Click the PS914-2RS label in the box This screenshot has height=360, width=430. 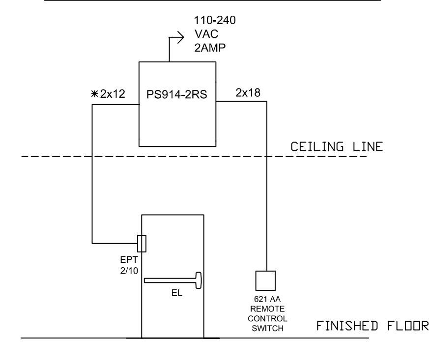[x=176, y=94]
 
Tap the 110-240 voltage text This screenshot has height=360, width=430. [x=215, y=20]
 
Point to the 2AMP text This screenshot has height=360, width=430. [x=210, y=48]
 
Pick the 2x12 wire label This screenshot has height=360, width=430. [x=113, y=94]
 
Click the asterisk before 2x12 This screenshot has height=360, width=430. [x=94, y=94]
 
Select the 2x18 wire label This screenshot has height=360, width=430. [x=248, y=93]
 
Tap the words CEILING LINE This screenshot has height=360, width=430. [x=337, y=147]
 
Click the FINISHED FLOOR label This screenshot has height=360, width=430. [x=373, y=326]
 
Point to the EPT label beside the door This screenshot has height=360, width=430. [x=129, y=259]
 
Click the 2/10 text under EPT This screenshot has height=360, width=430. [x=129, y=271]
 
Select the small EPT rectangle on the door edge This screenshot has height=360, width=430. [x=142, y=244]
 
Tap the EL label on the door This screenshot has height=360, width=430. [x=177, y=293]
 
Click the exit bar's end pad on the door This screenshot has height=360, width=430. [x=199, y=280]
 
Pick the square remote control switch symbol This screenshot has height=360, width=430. [x=265, y=281]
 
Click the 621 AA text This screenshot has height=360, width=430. [x=267, y=299]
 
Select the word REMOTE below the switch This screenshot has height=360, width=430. [x=267, y=309]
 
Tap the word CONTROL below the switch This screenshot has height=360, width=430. [x=267, y=319]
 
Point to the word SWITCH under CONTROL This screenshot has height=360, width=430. [x=267, y=328]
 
